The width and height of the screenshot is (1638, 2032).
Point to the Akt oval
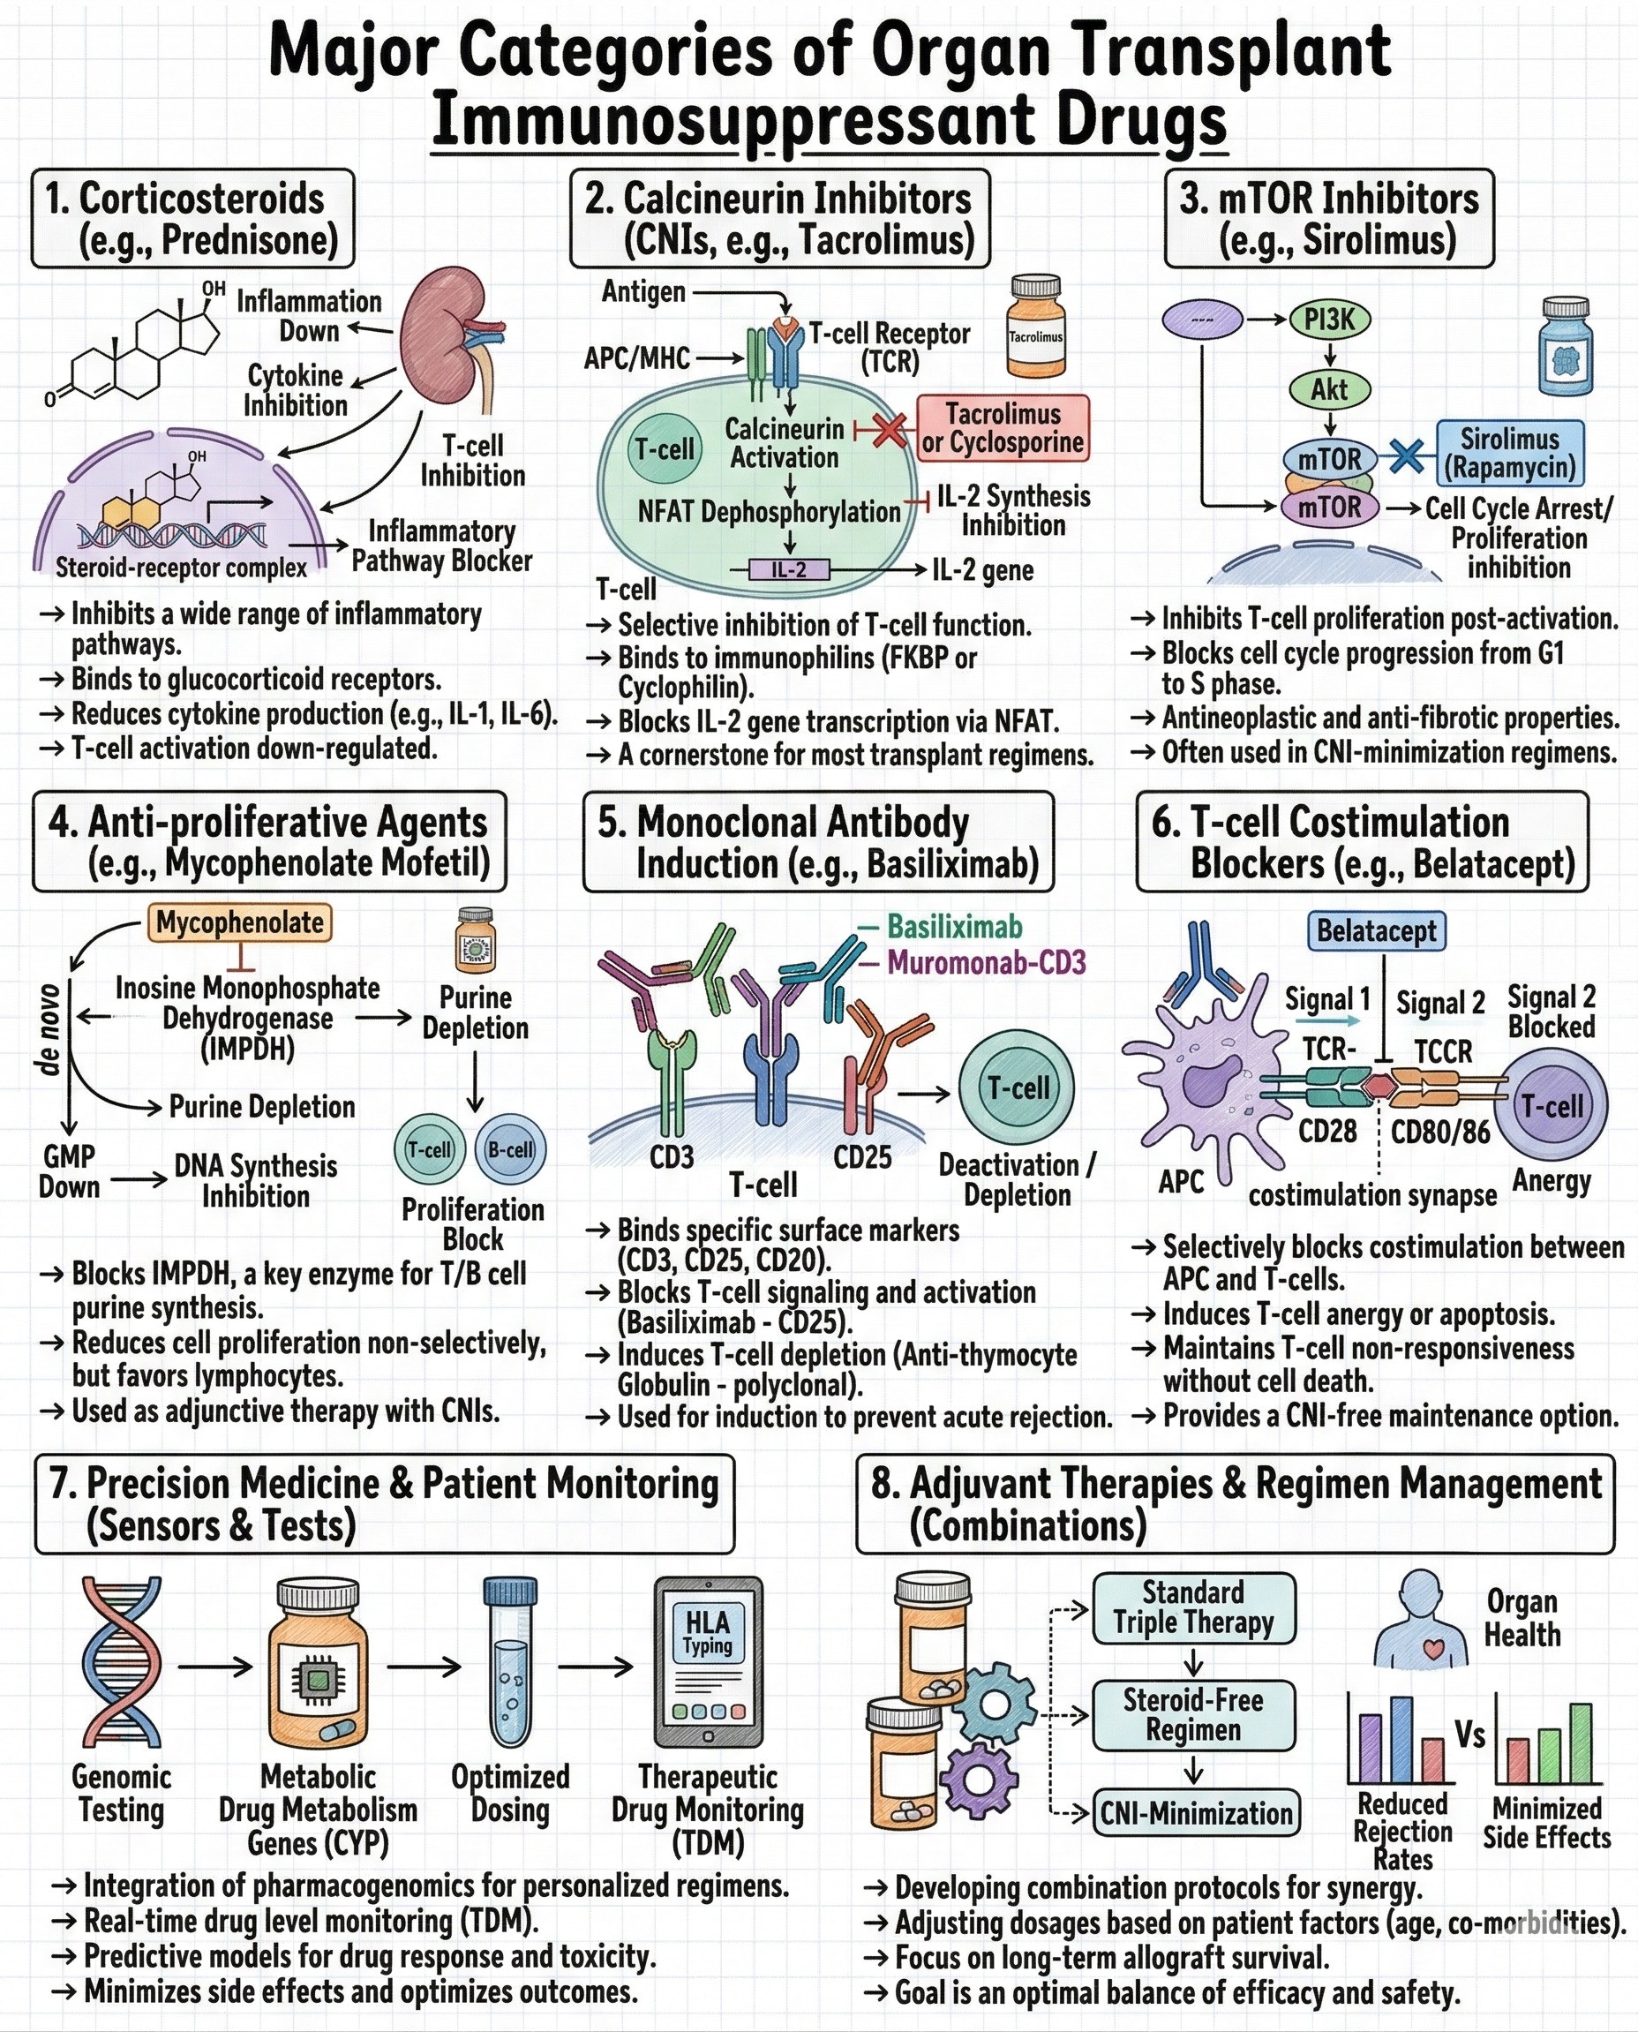click(x=1329, y=389)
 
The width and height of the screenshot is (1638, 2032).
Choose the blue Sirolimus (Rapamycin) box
click(x=1510, y=453)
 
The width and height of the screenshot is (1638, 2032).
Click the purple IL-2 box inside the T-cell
click(x=789, y=570)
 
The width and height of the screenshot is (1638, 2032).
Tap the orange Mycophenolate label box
click(x=240, y=922)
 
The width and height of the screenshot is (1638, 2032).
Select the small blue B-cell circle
click(x=510, y=1149)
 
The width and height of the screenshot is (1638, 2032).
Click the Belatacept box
click(x=1376, y=930)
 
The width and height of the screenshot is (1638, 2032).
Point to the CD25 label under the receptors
click(x=862, y=1157)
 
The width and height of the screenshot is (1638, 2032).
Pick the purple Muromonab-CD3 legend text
click(x=985, y=963)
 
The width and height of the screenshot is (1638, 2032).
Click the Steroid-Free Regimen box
click(x=1193, y=1715)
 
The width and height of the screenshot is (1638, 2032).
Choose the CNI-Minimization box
click(x=1196, y=1812)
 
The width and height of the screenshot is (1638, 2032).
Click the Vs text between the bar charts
click(x=1470, y=1735)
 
